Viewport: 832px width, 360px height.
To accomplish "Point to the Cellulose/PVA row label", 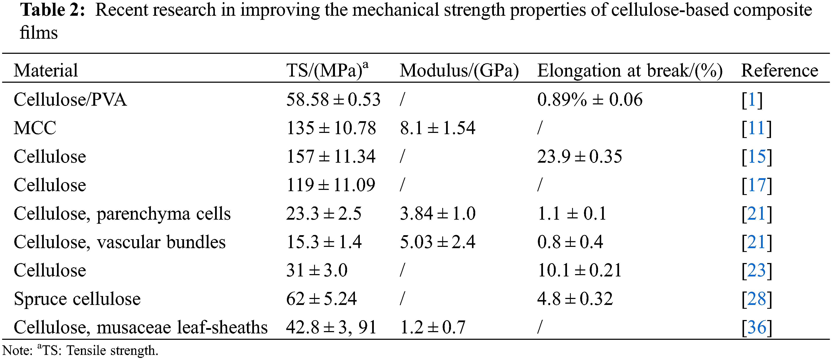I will coord(70,99).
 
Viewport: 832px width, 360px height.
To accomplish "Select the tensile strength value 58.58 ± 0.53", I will coord(333,99).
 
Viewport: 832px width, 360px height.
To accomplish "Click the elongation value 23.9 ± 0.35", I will coord(580,157).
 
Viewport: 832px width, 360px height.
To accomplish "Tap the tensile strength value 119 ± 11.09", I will coord(330,185).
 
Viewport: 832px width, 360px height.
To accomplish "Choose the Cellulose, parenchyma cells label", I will coord(122,214).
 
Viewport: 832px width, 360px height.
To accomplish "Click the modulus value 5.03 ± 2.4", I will coord(437,242).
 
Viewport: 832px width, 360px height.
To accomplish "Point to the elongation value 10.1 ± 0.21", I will coord(580,270).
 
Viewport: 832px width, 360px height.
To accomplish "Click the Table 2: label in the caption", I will coord(53,10).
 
